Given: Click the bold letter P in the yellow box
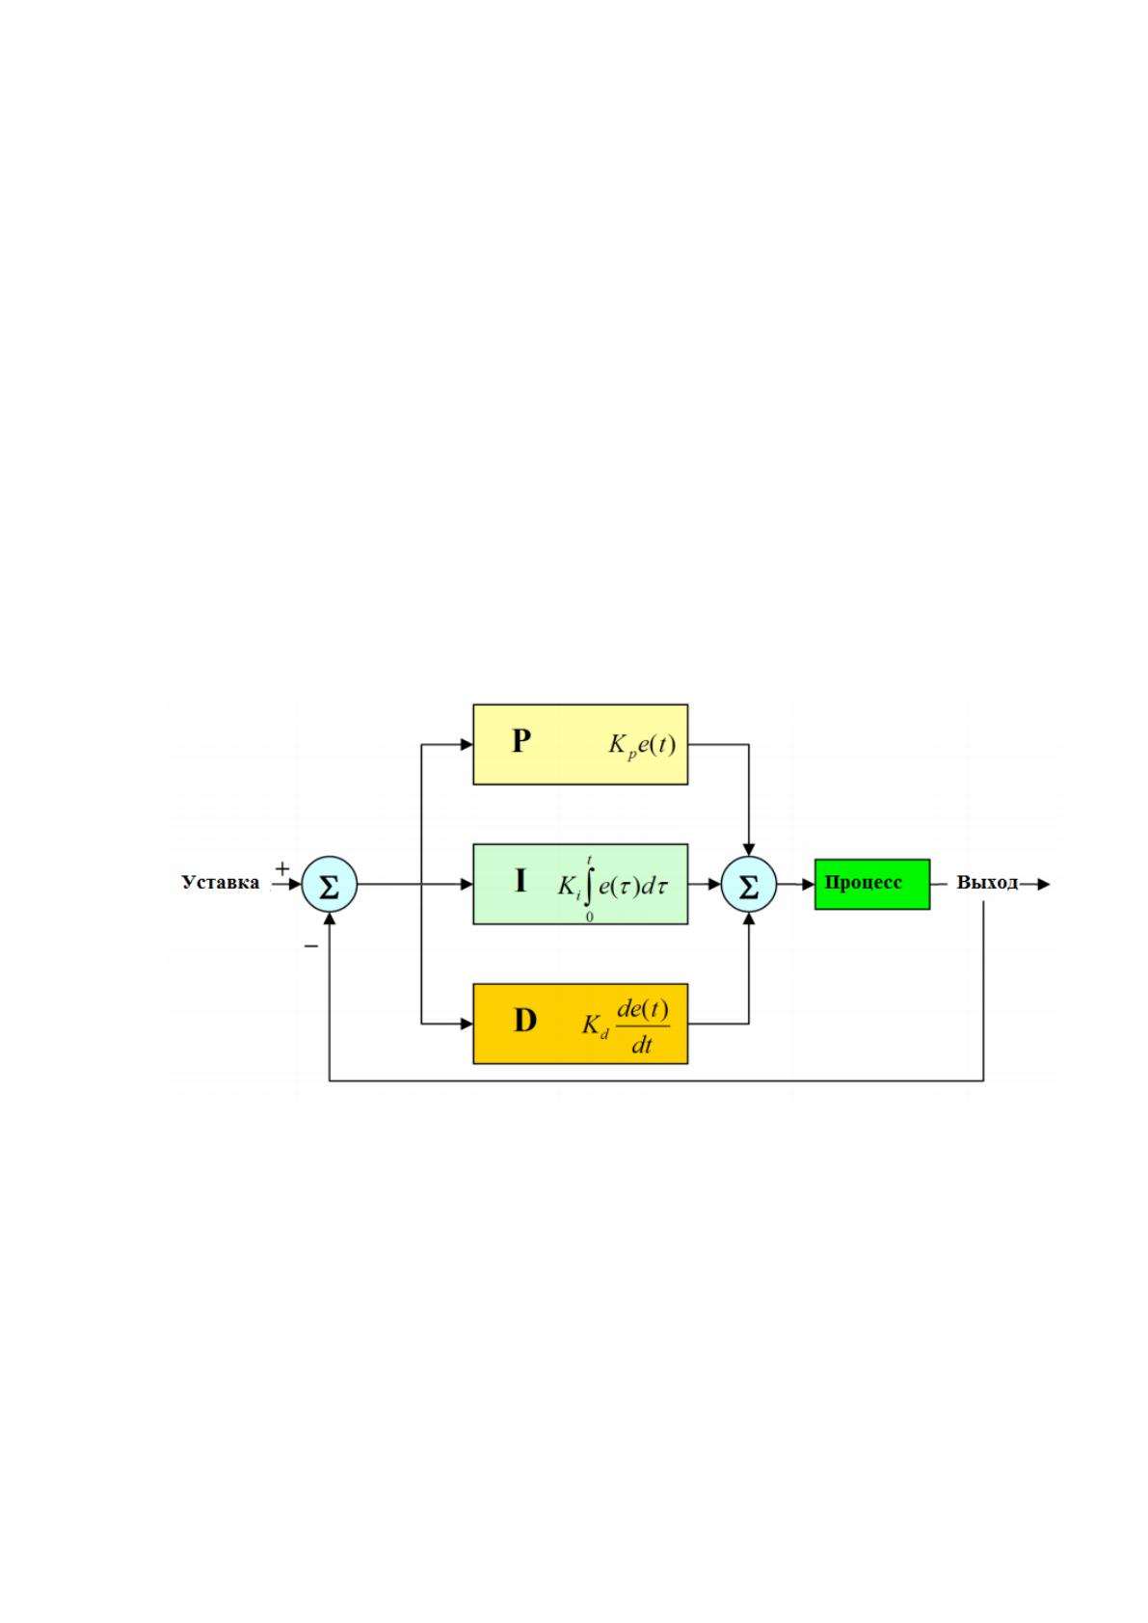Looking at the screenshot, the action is click(x=521, y=741).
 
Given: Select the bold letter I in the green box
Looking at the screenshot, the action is click(x=521, y=881).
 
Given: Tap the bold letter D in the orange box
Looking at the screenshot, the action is click(x=524, y=1021).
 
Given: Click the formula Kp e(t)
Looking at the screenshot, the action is click(x=642, y=745).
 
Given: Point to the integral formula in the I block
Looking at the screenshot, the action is click(x=613, y=887).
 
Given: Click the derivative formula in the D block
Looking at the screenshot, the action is click(x=626, y=1026).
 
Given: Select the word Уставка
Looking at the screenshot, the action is click(x=221, y=883).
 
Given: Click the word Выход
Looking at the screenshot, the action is click(x=987, y=883).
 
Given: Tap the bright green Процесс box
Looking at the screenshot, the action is click(x=872, y=884).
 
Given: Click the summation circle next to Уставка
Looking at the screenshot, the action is click(x=329, y=884).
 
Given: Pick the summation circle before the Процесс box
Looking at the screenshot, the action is click(x=749, y=884).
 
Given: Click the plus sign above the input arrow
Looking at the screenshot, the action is click(x=281, y=868).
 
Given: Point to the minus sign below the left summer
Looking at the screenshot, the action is click(x=311, y=946).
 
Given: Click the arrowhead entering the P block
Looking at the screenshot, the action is click(x=467, y=744).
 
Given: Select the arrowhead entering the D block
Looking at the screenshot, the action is click(x=467, y=1024).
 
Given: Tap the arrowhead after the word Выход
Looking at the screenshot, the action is click(x=1044, y=884).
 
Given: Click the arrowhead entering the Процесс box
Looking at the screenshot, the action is click(x=809, y=885).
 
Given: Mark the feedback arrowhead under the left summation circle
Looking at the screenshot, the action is click(x=329, y=918).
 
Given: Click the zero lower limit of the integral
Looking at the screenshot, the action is click(x=589, y=918).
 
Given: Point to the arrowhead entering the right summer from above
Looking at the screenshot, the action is click(x=749, y=850).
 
